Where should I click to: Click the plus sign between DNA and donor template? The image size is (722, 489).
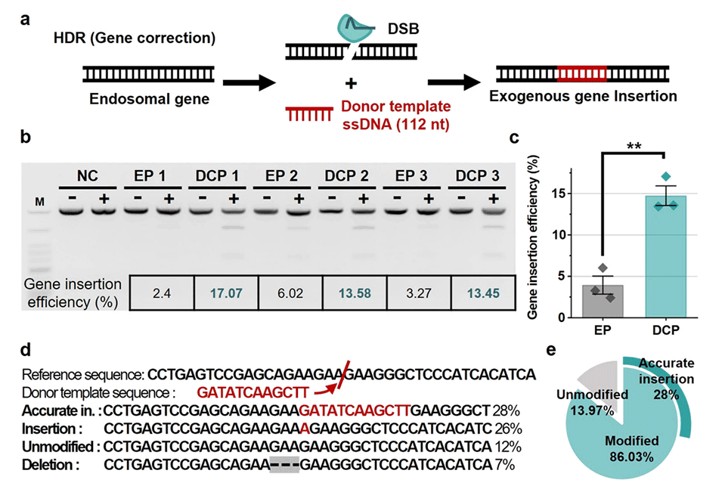[351, 82]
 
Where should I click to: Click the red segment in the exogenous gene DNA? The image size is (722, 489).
[581, 73]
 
